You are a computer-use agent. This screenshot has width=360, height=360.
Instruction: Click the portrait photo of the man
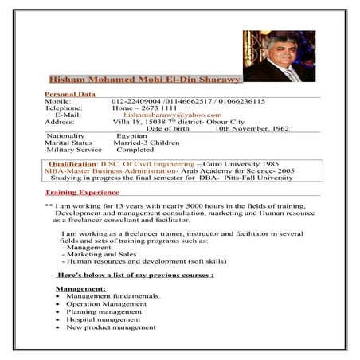[x=279, y=56]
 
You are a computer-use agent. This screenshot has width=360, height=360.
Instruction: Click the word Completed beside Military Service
[x=135, y=150]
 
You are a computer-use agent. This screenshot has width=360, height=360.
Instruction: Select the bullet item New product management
[x=111, y=327]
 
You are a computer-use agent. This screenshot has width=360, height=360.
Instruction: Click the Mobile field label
[x=58, y=101]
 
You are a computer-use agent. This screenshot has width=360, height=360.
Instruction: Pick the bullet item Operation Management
[x=106, y=303]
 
